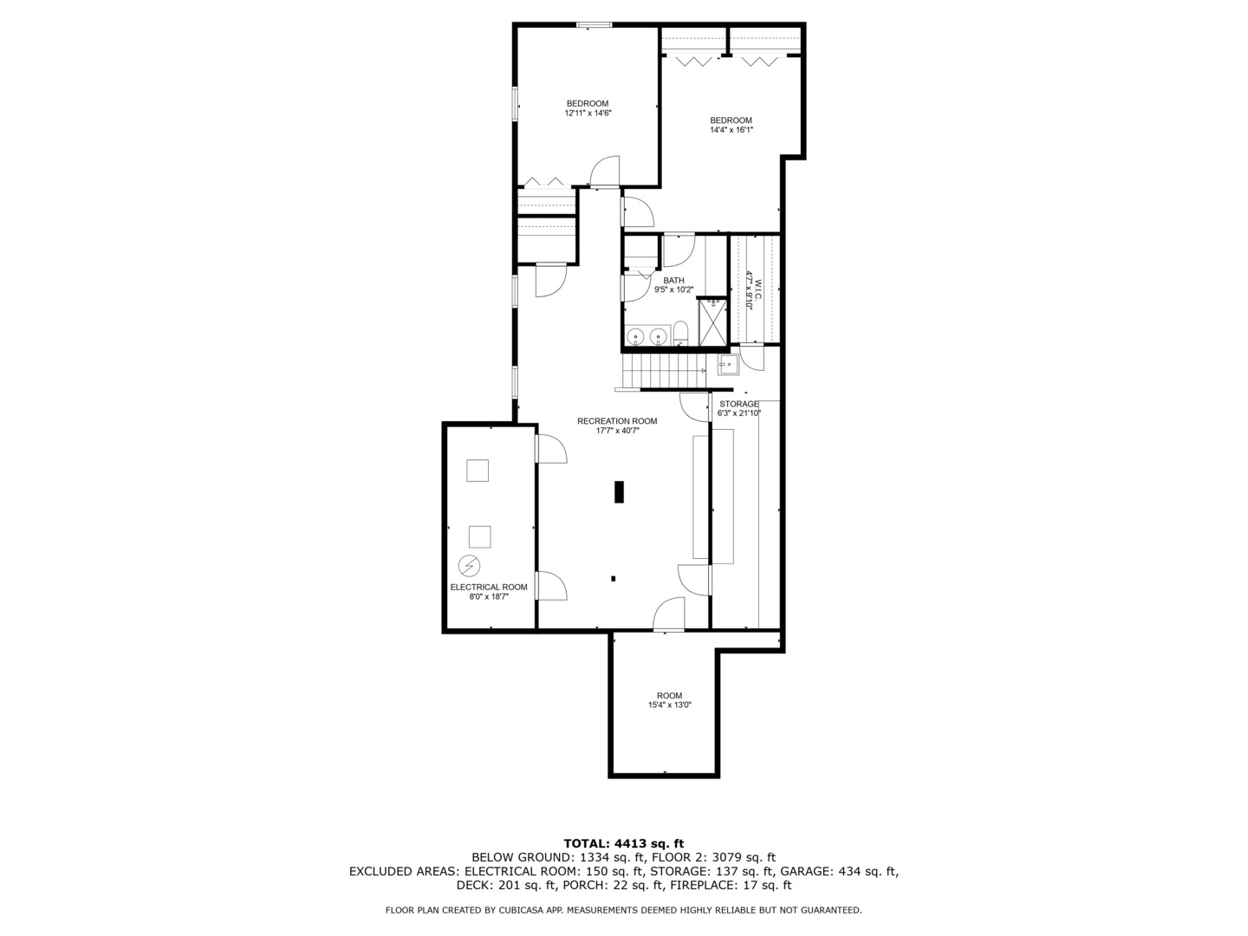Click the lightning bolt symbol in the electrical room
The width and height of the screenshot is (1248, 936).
point(468,566)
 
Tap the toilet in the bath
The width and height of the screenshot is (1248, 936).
point(681,334)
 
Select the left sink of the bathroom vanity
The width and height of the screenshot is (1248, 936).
point(636,336)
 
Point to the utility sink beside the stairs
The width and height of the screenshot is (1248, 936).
point(727,365)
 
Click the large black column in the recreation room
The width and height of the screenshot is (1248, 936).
point(619,491)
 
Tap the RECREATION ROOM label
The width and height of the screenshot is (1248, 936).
point(617,421)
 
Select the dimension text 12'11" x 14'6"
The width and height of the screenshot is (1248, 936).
point(588,114)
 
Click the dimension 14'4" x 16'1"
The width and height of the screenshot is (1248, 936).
point(731,130)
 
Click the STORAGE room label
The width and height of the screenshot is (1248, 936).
point(738,404)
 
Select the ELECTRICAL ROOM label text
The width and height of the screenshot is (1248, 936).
point(489,587)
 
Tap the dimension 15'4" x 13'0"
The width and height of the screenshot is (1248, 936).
point(669,705)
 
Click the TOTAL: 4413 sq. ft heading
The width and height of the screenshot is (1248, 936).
point(623,842)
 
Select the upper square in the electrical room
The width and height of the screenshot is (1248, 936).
point(478,471)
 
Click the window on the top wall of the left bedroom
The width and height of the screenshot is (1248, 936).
point(594,25)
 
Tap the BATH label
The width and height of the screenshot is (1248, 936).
point(673,280)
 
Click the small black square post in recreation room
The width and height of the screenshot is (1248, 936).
point(614,578)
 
